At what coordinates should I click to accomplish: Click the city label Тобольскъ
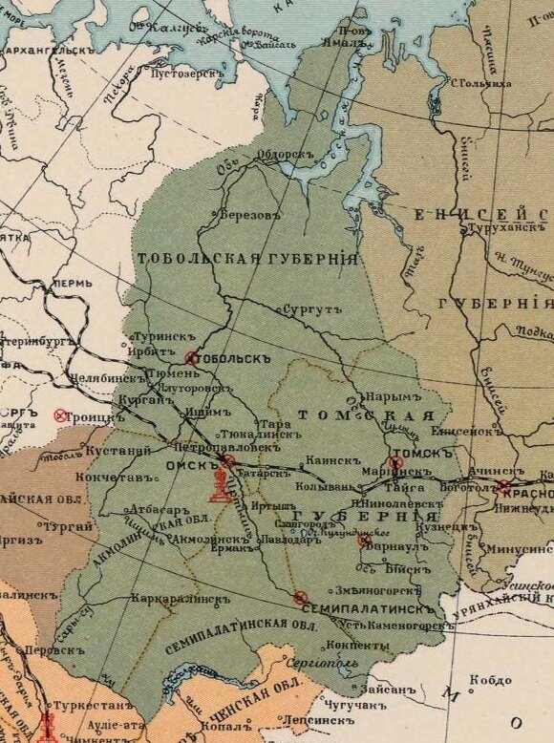point(234,360)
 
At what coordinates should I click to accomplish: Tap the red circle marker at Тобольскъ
point(192,359)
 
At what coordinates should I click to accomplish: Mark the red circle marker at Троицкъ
point(61,415)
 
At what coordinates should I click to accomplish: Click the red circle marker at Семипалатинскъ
point(301,598)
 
